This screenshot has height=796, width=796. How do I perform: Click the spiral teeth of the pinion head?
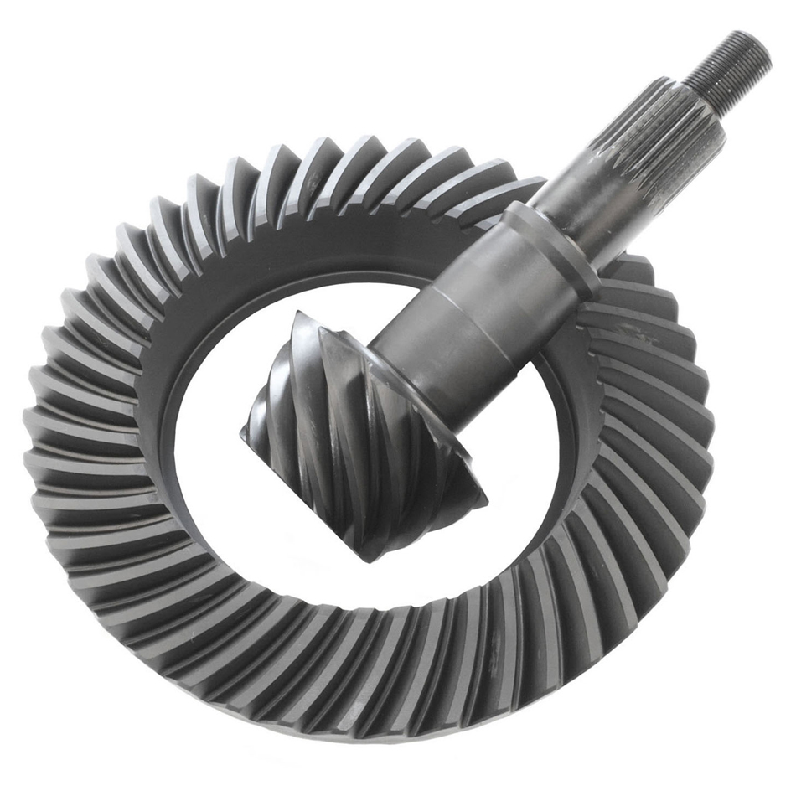[335, 436]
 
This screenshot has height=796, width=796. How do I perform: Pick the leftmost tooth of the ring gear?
[42, 436]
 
